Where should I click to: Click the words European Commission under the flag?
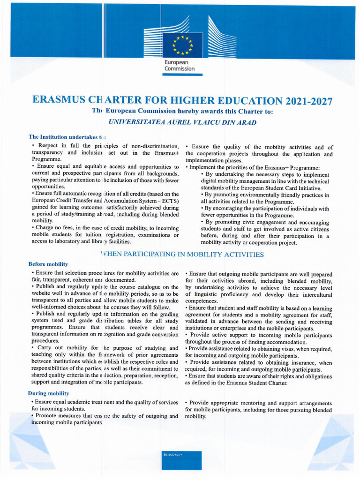179,66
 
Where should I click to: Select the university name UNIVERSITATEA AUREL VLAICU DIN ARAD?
182,122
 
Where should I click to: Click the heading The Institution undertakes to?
67,137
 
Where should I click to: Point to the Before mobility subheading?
48,264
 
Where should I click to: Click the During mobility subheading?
48,393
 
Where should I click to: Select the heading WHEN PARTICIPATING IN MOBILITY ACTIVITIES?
182,255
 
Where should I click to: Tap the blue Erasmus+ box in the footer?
182,460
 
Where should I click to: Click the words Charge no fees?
51,227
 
